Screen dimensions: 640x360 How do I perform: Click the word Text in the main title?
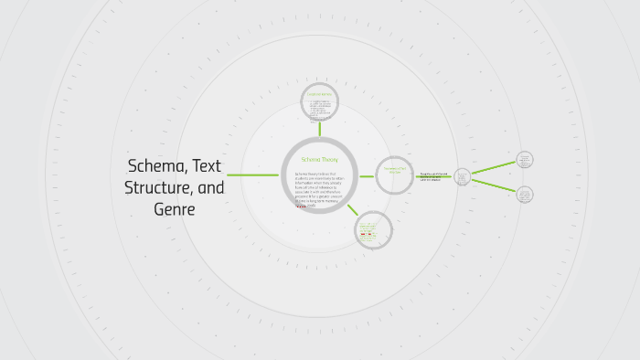pos(208,165)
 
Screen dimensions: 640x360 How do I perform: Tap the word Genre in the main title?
pos(175,209)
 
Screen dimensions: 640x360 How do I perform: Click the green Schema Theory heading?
pos(319,159)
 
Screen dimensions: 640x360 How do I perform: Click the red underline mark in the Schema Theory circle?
pos(301,206)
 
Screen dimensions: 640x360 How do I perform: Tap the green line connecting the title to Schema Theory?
pos(252,175)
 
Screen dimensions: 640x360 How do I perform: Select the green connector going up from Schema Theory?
pos(320,129)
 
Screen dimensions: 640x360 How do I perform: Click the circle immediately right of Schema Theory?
pos(395,175)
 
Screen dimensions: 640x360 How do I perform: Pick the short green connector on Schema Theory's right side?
pos(366,175)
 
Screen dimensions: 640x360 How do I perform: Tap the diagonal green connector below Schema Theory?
pos(352,209)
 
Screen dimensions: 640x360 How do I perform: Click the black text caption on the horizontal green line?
pos(434,176)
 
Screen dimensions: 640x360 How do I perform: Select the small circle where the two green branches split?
pos(462,175)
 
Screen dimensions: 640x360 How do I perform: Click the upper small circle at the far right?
pos(524,159)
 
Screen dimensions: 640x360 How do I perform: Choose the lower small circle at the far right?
pos(524,194)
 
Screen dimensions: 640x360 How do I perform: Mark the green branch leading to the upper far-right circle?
pos(494,166)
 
